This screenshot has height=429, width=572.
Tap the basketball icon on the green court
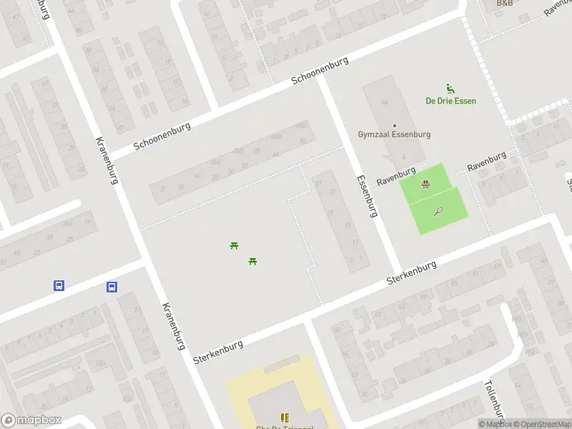426,184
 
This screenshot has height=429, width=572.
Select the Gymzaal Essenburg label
394,134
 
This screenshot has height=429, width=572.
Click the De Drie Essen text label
450,101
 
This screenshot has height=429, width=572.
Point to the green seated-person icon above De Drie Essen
450,88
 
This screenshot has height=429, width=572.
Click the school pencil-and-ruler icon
285,417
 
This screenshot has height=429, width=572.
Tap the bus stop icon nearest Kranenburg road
112,287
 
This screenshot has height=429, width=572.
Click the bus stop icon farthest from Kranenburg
59,285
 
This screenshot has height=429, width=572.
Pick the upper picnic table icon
234,246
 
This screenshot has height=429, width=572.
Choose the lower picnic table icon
252,261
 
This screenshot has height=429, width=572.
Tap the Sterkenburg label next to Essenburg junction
411,273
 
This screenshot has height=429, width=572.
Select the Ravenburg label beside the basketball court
396,177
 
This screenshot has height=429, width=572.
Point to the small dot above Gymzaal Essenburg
394,126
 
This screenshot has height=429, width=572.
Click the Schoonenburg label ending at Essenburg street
320,71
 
